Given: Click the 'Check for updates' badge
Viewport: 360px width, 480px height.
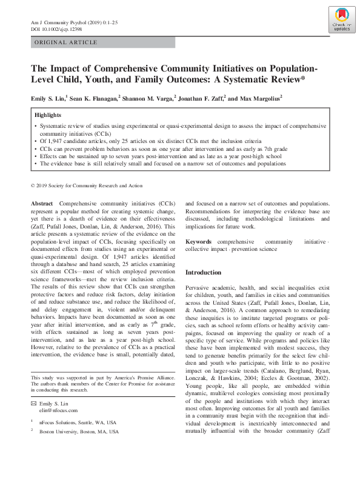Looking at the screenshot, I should click(341, 21).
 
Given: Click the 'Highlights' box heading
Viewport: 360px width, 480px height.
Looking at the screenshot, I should click(48, 115).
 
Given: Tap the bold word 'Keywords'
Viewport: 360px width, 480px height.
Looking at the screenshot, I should click(199, 241).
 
